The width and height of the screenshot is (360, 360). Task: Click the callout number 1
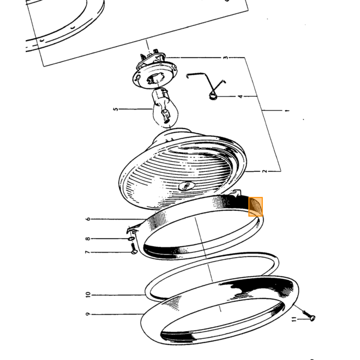(x=287, y=111)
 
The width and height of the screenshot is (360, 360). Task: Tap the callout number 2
(x=265, y=171)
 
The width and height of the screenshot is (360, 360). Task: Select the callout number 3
(x=226, y=58)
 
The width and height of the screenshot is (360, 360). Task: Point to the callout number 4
(x=240, y=97)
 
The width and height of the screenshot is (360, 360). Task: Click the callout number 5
(x=116, y=109)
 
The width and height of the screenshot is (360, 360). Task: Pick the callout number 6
(x=88, y=219)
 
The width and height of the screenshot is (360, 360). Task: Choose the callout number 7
(x=87, y=252)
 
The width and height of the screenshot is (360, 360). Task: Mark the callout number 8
(x=88, y=239)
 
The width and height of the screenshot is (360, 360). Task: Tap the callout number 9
(x=88, y=314)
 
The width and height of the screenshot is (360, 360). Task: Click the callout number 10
(x=88, y=295)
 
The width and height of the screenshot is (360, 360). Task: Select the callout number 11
(x=294, y=319)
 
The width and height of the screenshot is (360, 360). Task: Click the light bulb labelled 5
(x=164, y=107)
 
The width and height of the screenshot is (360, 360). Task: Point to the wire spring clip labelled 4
(x=207, y=86)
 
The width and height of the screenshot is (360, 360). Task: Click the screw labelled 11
(x=309, y=316)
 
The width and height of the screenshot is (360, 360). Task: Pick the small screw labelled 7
(x=134, y=251)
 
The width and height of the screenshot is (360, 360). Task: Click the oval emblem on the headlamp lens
(x=186, y=185)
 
